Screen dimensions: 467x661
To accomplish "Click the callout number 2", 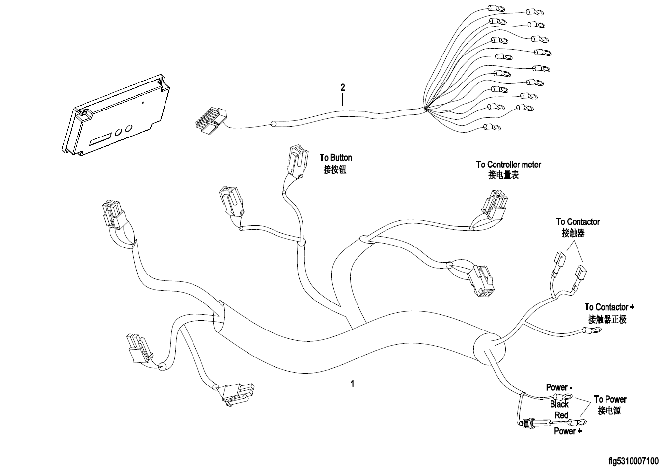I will click(343, 88).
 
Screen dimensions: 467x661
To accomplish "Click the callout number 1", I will click(352, 383).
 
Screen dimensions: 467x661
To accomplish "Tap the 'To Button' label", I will click(335, 158).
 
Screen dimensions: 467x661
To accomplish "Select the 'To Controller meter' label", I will click(508, 165).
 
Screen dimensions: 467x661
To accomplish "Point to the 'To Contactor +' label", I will click(609, 307).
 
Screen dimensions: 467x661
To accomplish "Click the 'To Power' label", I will click(609, 399).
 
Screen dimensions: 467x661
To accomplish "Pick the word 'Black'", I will click(559, 404).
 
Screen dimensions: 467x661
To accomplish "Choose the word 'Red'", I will click(561, 415).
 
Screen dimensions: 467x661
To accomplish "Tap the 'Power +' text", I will click(568, 431).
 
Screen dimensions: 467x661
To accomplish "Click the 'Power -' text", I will click(559, 388).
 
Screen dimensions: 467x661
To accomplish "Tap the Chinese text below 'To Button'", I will click(335, 170).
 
